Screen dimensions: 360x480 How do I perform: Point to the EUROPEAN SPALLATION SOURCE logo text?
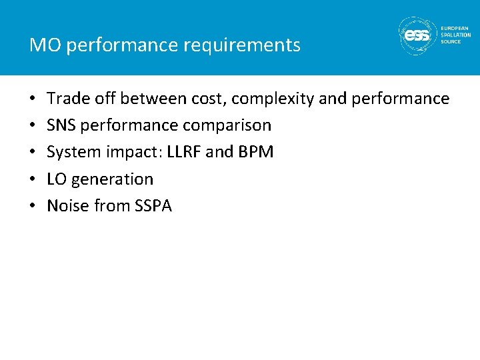[x=455, y=35]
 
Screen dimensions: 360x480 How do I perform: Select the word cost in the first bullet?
[x=209, y=99]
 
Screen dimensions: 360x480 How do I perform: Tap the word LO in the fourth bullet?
[x=57, y=179]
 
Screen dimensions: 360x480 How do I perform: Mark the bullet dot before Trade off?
[x=33, y=99]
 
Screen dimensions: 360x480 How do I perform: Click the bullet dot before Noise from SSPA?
[x=33, y=207]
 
